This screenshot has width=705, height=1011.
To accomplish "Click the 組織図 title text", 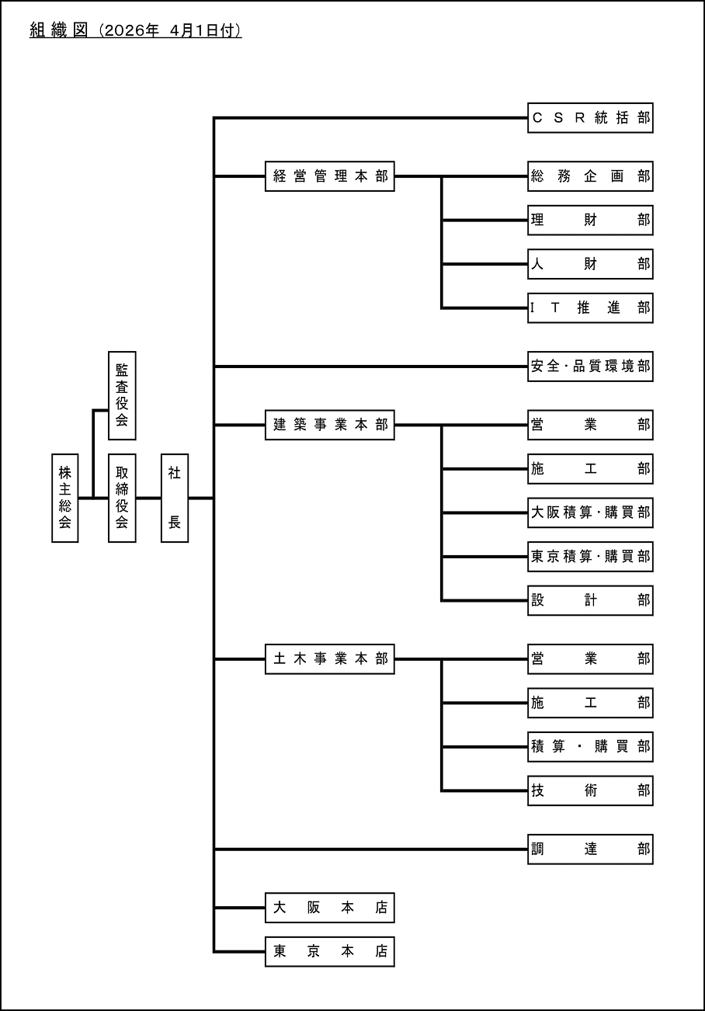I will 59,31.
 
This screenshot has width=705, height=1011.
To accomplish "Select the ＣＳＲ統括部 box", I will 590,118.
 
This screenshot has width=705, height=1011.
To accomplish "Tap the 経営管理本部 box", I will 330,176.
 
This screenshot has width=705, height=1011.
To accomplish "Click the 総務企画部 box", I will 590,176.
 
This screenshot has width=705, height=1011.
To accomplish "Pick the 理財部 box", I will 590,221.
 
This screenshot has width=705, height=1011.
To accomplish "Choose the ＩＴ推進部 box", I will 590,308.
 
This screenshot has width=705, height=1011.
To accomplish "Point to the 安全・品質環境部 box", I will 590,367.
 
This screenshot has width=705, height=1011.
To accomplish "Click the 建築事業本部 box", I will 330,425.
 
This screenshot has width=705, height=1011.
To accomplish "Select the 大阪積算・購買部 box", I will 590,512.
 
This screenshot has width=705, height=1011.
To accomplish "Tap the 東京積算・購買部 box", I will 590,557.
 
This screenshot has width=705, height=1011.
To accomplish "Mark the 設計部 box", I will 590,600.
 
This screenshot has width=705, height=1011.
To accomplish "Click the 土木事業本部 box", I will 330,659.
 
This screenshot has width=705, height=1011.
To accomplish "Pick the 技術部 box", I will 590,790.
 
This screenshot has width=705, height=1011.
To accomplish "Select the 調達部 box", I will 590,849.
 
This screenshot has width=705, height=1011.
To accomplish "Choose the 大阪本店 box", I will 330,908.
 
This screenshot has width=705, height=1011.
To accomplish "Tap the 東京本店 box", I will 330,952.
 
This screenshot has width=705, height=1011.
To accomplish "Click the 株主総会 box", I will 65,498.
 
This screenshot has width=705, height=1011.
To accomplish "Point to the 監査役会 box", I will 122,396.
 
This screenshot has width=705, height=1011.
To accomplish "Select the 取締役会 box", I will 122,498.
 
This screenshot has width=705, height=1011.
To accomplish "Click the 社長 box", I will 175,498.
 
